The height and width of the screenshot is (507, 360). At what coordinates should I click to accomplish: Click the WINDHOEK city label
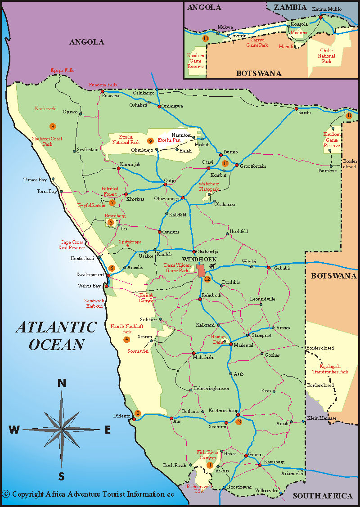click(199, 260)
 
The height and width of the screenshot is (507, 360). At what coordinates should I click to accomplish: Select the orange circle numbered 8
click(53, 126)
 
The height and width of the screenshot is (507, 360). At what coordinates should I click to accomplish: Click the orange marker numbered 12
click(207, 279)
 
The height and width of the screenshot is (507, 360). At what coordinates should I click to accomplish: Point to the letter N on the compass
click(62, 383)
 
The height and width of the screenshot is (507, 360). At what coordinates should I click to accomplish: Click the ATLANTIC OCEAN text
click(57, 336)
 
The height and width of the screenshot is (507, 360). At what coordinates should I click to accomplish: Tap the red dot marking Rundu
click(296, 109)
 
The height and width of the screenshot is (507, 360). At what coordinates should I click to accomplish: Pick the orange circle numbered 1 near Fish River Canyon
click(210, 465)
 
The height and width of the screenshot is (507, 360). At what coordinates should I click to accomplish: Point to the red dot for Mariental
click(231, 345)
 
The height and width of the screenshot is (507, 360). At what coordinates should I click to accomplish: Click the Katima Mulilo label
click(327, 9)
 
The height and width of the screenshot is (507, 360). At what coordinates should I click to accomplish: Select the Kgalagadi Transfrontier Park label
click(331, 369)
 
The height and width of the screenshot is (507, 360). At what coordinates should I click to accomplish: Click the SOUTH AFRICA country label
click(323, 496)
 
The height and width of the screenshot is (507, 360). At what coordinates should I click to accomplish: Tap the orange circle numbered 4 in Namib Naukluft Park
click(127, 339)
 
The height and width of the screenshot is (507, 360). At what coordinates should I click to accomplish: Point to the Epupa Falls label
click(62, 70)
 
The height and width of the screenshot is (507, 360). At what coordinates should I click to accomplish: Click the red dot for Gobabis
click(268, 268)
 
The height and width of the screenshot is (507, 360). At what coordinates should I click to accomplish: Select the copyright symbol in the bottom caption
click(6, 494)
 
